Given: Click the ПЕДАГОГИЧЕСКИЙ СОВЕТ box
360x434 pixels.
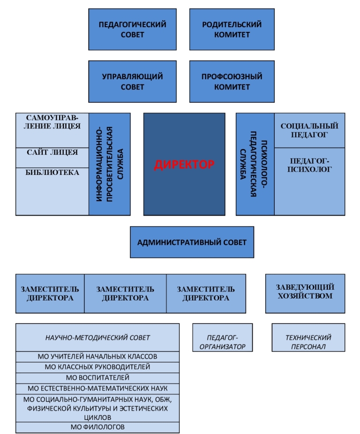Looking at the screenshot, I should click(132, 29).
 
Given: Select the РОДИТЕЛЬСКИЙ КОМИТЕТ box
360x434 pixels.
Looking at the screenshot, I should click(232, 29).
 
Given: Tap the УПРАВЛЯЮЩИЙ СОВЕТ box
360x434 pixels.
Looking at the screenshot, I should click(132, 82).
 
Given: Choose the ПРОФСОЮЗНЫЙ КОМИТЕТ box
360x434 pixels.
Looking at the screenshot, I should click(232, 82).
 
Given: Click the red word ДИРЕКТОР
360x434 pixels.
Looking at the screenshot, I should click(184, 165).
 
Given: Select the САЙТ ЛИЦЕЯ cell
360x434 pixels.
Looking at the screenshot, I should click(52, 152).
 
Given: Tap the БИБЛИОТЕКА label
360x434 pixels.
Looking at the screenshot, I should click(52, 172).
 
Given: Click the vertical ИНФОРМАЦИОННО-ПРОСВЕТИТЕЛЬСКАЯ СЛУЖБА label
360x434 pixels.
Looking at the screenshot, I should click(110, 164).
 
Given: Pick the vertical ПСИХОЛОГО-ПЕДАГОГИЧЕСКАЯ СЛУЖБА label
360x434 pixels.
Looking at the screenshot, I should click(255, 164).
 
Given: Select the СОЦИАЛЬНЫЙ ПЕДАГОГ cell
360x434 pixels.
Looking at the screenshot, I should click(309, 130).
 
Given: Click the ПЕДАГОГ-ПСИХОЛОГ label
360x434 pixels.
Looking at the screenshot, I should click(309, 165).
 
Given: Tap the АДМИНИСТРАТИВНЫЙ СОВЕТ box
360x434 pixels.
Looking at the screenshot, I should click(192, 242).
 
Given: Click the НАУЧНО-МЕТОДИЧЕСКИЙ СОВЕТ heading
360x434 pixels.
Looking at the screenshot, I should click(97, 337).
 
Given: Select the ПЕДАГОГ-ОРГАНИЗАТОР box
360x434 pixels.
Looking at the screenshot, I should click(223, 342).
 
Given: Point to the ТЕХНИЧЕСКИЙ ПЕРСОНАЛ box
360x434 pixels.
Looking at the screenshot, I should click(308, 342).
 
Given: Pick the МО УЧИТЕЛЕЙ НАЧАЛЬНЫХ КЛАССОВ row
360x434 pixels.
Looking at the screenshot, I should click(97, 357).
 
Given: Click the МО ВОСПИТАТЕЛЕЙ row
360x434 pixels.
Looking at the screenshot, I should click(97, 378).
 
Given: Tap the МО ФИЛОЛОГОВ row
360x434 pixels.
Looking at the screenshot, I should click(97, 427).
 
